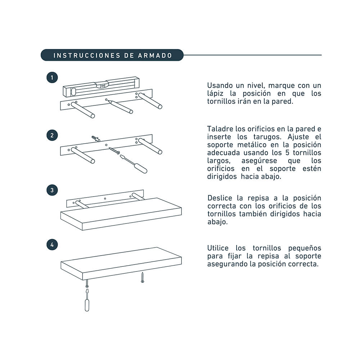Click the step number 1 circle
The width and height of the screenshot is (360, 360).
tap(52, 77)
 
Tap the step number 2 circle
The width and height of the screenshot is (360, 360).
tap(52, 135)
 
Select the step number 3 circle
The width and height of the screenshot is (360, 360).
tap(52, 190)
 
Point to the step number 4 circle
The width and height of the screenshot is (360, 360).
tap(52, 244)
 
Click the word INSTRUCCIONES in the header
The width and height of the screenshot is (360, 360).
tap(86, 55)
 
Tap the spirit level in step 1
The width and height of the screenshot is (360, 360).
tap(101, 86)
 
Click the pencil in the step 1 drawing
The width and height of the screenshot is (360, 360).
tap(121, 107)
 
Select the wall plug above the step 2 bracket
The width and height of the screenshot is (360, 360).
tap(95, 138)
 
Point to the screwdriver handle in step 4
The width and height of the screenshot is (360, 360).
tap(87, 304)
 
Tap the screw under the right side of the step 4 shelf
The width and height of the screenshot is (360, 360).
tap(142, 277)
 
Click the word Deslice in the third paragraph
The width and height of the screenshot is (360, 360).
tap(219, 198)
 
